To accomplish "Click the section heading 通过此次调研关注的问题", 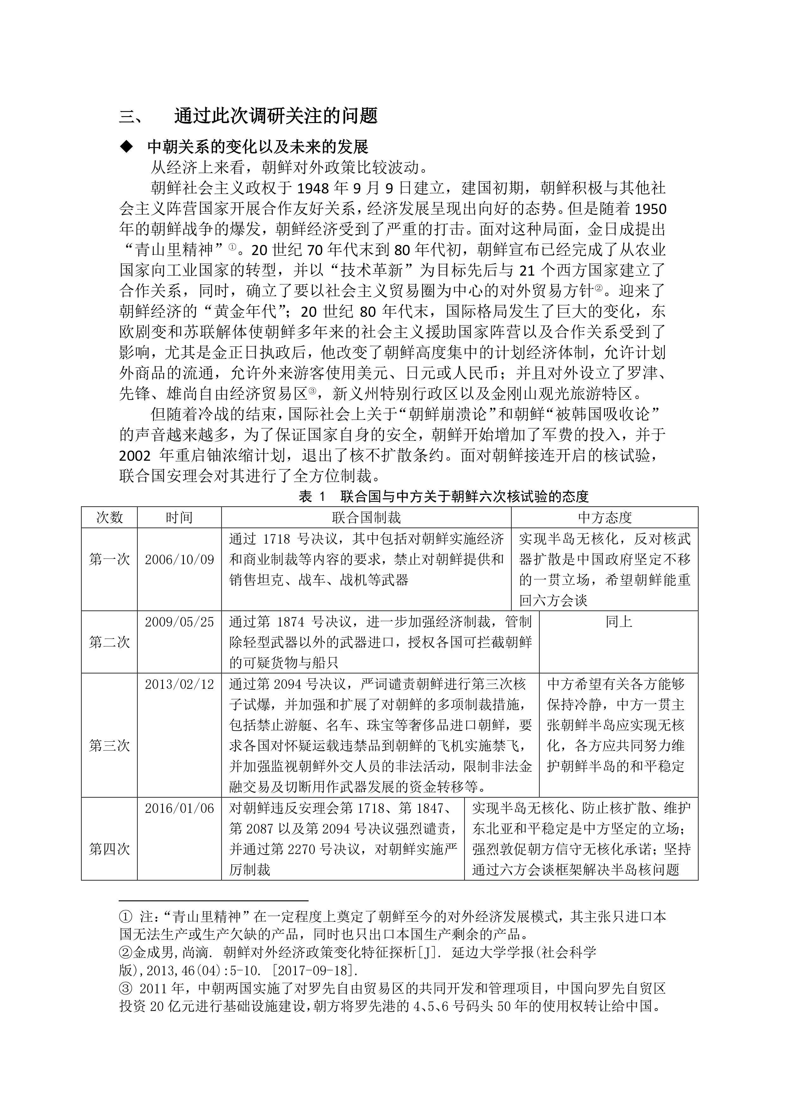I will click(x=276, y=115).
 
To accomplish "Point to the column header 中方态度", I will click(x=604, y=517).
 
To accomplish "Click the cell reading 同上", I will click(x=618, y=622).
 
